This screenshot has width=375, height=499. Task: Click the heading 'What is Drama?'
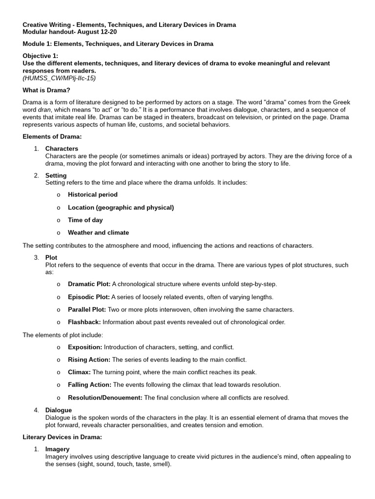[46, 90]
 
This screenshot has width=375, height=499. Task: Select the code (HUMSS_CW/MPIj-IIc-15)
[60, 78]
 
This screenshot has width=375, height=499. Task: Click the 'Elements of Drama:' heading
[52, 136]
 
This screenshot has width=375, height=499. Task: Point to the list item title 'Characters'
[62, 149]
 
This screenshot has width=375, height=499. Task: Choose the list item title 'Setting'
[56, 175]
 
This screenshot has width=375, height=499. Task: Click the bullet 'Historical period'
[93, 194]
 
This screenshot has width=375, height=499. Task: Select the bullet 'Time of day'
[85, 220]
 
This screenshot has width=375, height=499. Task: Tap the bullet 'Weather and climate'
[98, 232]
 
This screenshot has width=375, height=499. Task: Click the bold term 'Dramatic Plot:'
[89, 284]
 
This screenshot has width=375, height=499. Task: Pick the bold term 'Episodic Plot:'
[89, 297]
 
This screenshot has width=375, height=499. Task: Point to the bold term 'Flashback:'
[84, 322]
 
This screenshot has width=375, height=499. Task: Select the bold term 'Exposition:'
[85, 347]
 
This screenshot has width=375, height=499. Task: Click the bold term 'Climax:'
[79, 372]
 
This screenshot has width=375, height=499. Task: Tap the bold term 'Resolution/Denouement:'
[105, 398]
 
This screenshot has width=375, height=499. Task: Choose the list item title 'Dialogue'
[59, 410]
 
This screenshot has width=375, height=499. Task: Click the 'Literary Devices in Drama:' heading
[62, 437]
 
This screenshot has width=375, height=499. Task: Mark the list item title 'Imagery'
[57, 449]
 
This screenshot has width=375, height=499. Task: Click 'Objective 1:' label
[41, 56]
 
